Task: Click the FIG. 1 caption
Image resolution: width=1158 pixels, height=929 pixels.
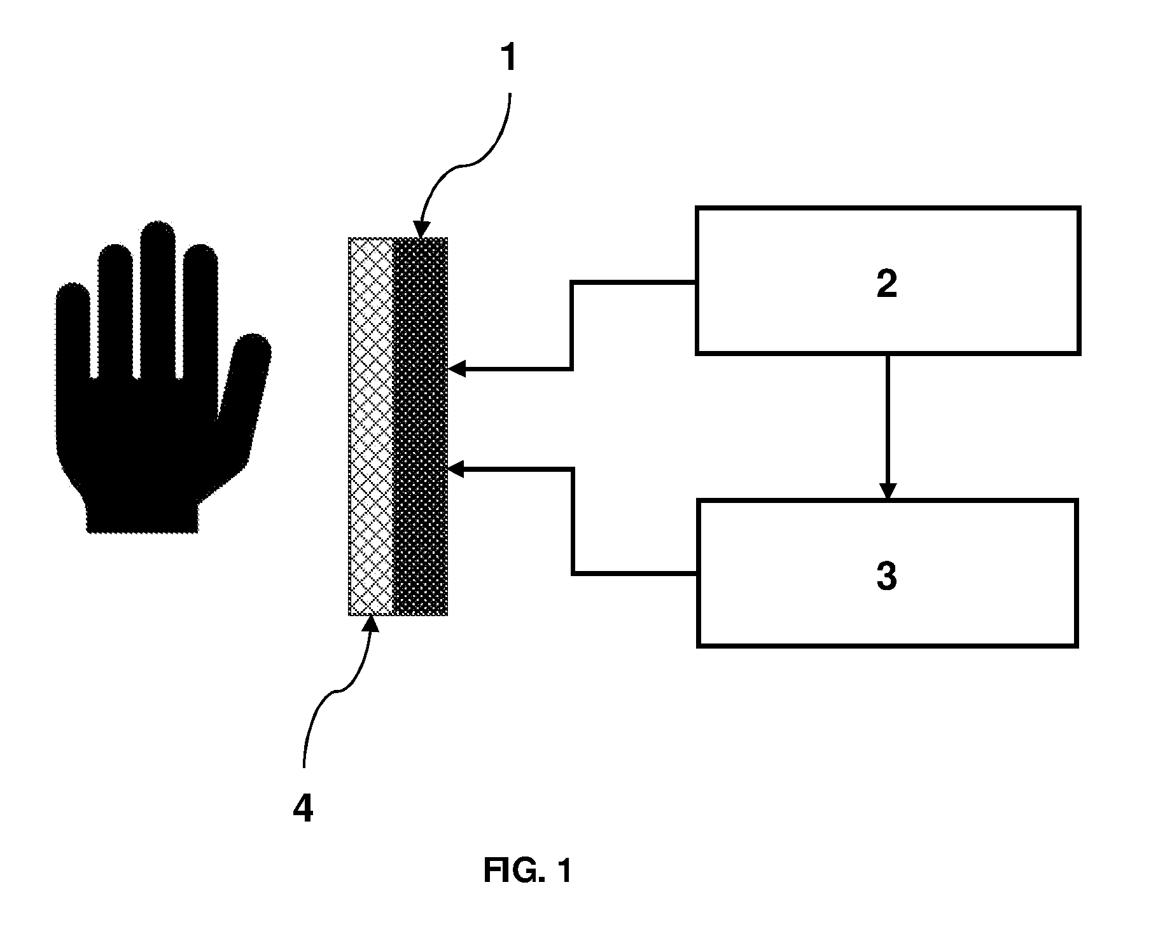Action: tap(527, 871)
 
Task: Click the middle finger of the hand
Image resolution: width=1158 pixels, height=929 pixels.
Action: tap(158, 299)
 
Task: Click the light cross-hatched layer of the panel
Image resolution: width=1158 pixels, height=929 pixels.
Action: tap(372, 427)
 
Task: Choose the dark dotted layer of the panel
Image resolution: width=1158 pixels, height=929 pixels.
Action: tap(421, 427)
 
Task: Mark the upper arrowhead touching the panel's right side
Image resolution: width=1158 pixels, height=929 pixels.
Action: tap(457, 368)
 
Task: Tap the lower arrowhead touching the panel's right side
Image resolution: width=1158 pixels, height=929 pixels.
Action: tap(457, 470)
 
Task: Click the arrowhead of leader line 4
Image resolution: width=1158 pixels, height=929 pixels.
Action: tap(371, 624)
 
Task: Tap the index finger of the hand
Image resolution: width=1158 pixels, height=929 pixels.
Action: tap(115, 312)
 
